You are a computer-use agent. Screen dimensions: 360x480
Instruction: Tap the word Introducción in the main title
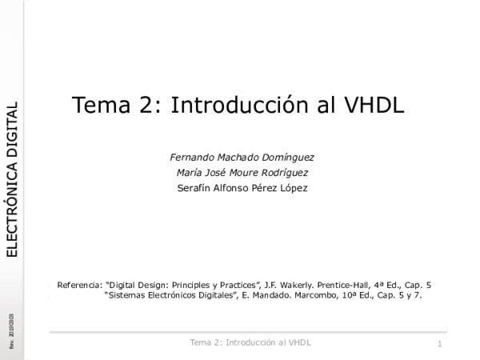point(239,106)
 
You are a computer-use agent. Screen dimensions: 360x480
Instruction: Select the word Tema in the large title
point(98,106)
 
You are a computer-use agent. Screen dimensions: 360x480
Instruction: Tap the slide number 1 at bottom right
point(440,343)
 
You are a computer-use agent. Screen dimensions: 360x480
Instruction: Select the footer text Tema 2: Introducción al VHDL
point(250,342)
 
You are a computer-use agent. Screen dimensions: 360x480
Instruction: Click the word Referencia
point(79,284)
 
